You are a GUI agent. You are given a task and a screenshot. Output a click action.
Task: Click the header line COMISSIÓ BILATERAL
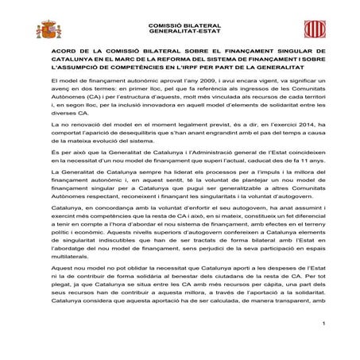[x=180, y=26]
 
